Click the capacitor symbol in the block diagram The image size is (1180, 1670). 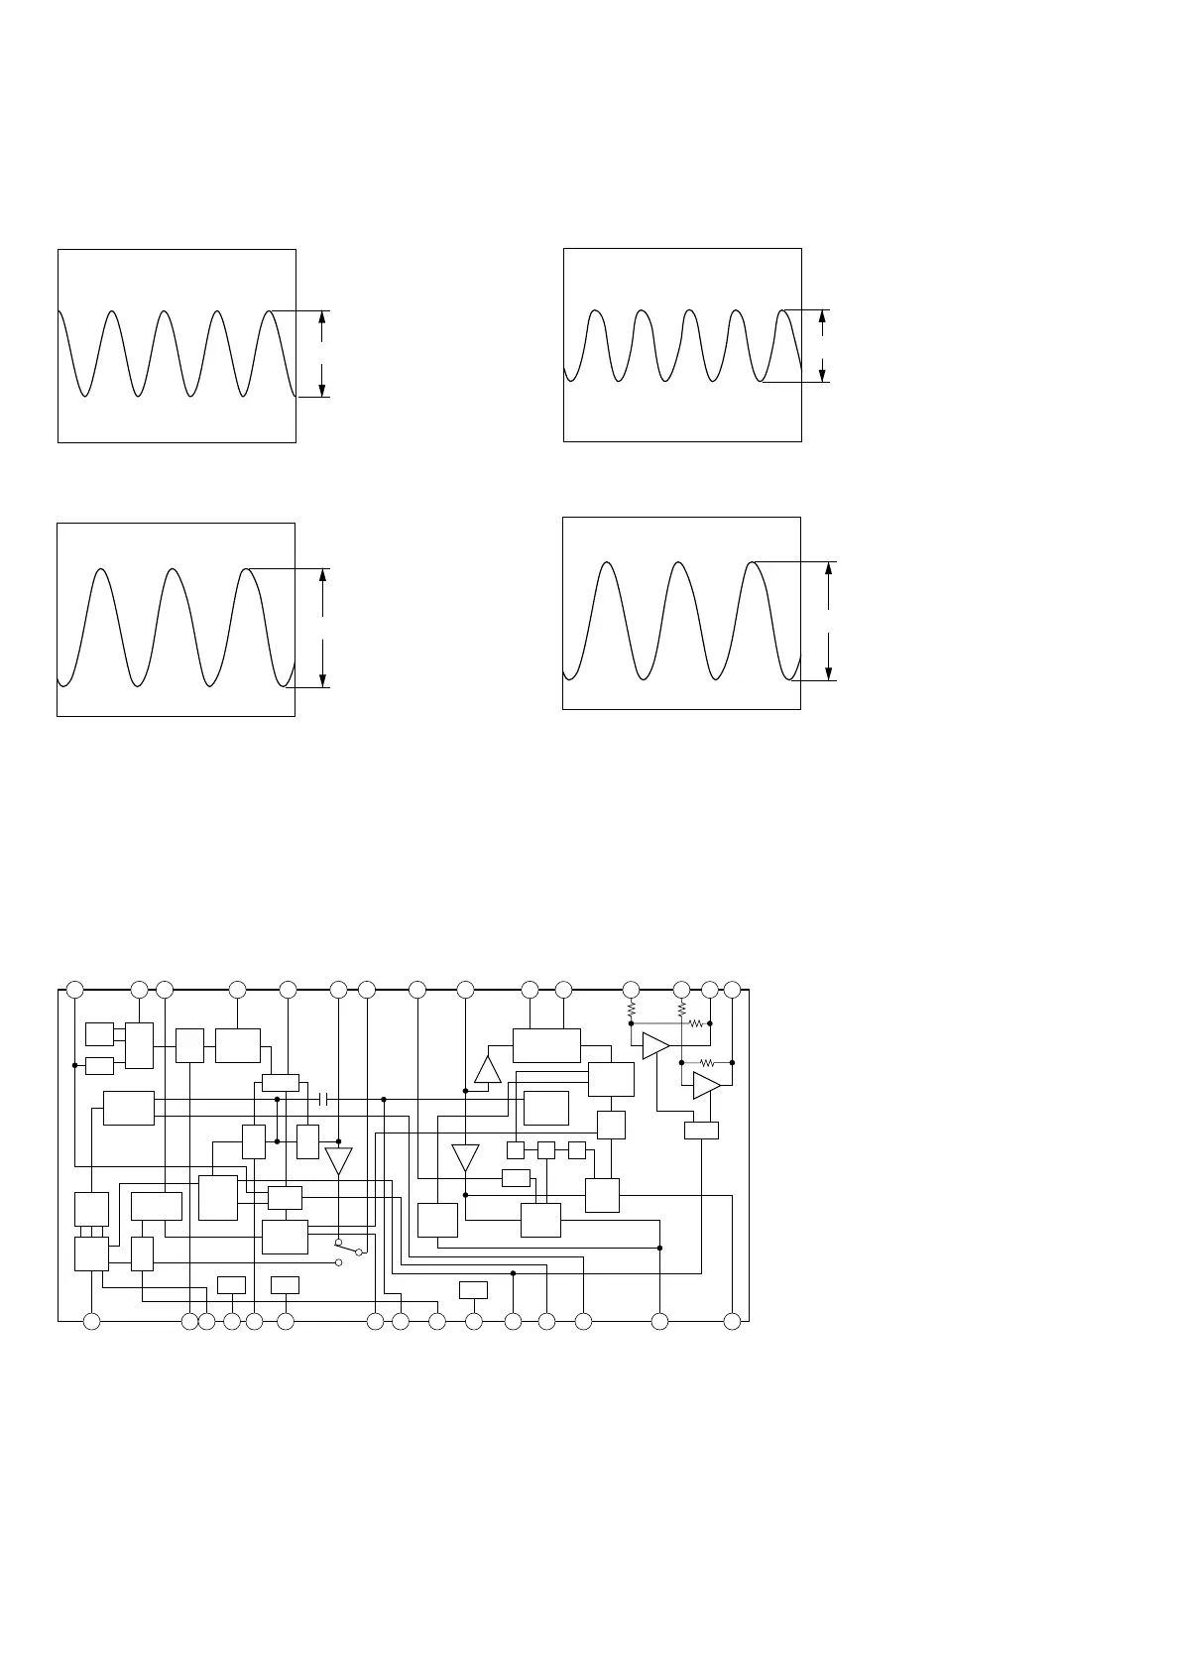click(323, 1099)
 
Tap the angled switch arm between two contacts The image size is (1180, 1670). click(348, 1247)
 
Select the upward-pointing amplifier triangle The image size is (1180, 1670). click(488, 1070)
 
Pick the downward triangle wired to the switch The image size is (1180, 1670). click(338, 1159)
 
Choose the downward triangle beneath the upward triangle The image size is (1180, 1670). click(465, 1157)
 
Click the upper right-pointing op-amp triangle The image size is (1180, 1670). click(655, 1045)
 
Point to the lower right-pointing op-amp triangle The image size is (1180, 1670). click(706, 1085)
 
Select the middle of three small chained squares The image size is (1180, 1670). click(545, 1150)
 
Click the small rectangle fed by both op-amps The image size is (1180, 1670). click(701, 1131)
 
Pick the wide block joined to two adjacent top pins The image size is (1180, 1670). click(546, 1045)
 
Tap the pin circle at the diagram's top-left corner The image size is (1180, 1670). click(74, 989)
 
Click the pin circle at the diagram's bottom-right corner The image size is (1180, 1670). click(733, 1321)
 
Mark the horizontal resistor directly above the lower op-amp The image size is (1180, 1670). click(707, 1062)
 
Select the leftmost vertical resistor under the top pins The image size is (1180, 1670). click(631, 1010)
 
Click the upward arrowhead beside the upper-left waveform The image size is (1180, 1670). click(322, 317)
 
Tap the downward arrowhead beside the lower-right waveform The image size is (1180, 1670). click(829, 673)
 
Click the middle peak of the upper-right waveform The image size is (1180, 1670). click(689, 311)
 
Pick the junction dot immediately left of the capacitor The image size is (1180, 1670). click(278, 1099)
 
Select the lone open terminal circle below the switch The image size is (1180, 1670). click(339, 1262)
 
